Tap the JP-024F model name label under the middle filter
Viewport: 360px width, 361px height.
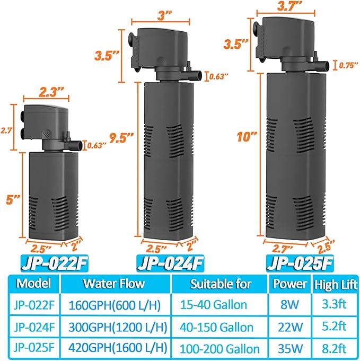click(x=171, y=263)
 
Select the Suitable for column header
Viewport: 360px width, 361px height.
click(x=220, y=283)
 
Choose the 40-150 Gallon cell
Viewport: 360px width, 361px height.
click(x=220, y=327)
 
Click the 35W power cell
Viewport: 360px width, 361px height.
click(x=289, y=348)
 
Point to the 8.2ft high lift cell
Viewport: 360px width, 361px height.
click(x=334, y=348)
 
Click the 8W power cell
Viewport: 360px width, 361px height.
click(x=289, y=305)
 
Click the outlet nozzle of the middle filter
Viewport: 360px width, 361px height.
click(x=196, y=75)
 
